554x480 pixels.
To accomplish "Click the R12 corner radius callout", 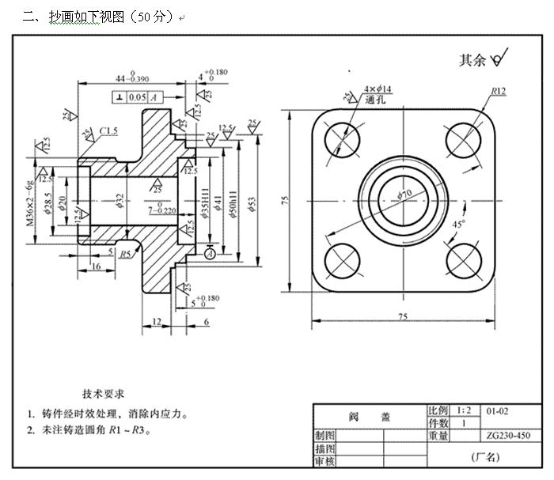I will tap(498, 91).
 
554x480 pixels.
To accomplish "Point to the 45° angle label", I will tap(457, 224).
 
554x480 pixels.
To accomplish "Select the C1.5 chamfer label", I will tap(109, 130).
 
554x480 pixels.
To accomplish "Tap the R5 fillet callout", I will tap(125, 254).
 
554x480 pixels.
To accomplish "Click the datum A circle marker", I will tap(209, 254).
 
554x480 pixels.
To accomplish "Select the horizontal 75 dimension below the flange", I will tap(404, 316).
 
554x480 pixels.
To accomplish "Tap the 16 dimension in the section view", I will tap(94, 268).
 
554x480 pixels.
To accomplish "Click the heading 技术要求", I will tap(103, 393).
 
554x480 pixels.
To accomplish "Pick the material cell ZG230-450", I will tap(509, 436).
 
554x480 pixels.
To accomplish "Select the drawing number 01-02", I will tap(497, 411).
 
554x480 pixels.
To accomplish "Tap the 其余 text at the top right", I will tap(472, 60).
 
